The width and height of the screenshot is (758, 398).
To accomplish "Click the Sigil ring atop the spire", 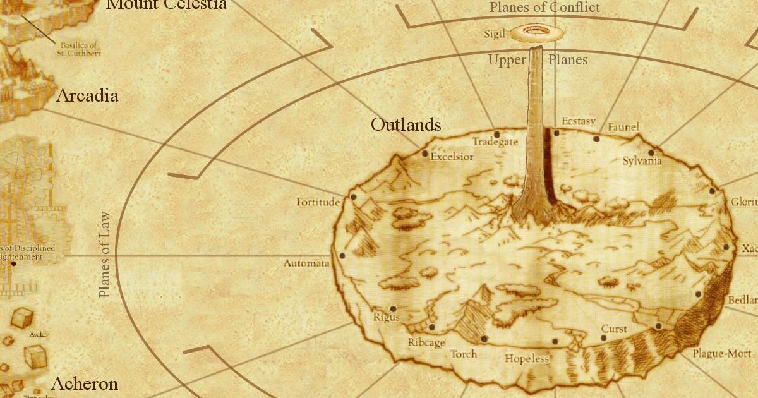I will click(x=537, y=33).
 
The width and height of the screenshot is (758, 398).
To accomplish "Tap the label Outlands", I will click(x=406, y=124).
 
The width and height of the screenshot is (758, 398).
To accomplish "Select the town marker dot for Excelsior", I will click(x=424, y=153).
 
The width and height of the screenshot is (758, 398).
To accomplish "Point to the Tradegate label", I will click(x=495, y=142).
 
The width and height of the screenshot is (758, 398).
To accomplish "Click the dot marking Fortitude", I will click(x=353, y=197).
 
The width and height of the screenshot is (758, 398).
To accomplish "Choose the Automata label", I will click(x=306, y=263).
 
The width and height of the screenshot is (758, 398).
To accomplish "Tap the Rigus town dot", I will click(x=394, y=309).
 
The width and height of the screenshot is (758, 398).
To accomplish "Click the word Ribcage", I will click(x=426, y=342).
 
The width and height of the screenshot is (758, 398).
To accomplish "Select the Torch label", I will click(x=464, y=354).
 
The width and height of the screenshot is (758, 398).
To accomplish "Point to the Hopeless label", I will click(x=527, y=359).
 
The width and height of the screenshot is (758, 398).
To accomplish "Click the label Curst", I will click(x=614, y=329).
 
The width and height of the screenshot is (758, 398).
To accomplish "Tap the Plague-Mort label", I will click(x=722, y=353).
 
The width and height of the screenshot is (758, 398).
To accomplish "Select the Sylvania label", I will click(x=642, y=160).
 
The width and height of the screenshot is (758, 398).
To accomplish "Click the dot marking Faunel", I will click(x=596, y=138).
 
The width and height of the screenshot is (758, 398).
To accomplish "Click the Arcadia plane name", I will click(x=87, y=96).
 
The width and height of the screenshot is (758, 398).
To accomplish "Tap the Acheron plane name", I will click(x=85, y=383).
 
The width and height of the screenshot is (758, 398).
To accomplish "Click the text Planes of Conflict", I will click(x=544, y=8).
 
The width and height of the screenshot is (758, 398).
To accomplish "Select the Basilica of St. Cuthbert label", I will click(x=80, y=49).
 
